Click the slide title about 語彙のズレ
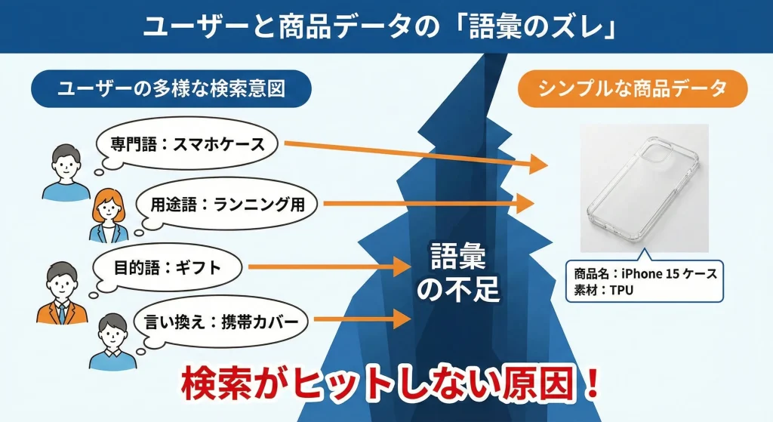tap(380, 26)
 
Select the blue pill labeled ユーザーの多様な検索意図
tap(171, 89)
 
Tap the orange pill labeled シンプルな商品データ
tap(633, 89)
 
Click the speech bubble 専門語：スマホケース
tap(186, 144)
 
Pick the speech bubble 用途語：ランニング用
tap(226, 204)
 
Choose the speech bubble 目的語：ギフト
tap(168, 268)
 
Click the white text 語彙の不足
tap(458, 272)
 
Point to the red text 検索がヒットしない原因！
tap(390, 383)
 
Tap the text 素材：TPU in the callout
tap(603, 291)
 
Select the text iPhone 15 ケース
tap(669, 273)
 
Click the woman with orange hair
tap(108, 216)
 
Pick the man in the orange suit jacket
tap(62, 293)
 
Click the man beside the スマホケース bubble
tap(66, 173)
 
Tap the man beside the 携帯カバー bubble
tap(113, 342)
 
